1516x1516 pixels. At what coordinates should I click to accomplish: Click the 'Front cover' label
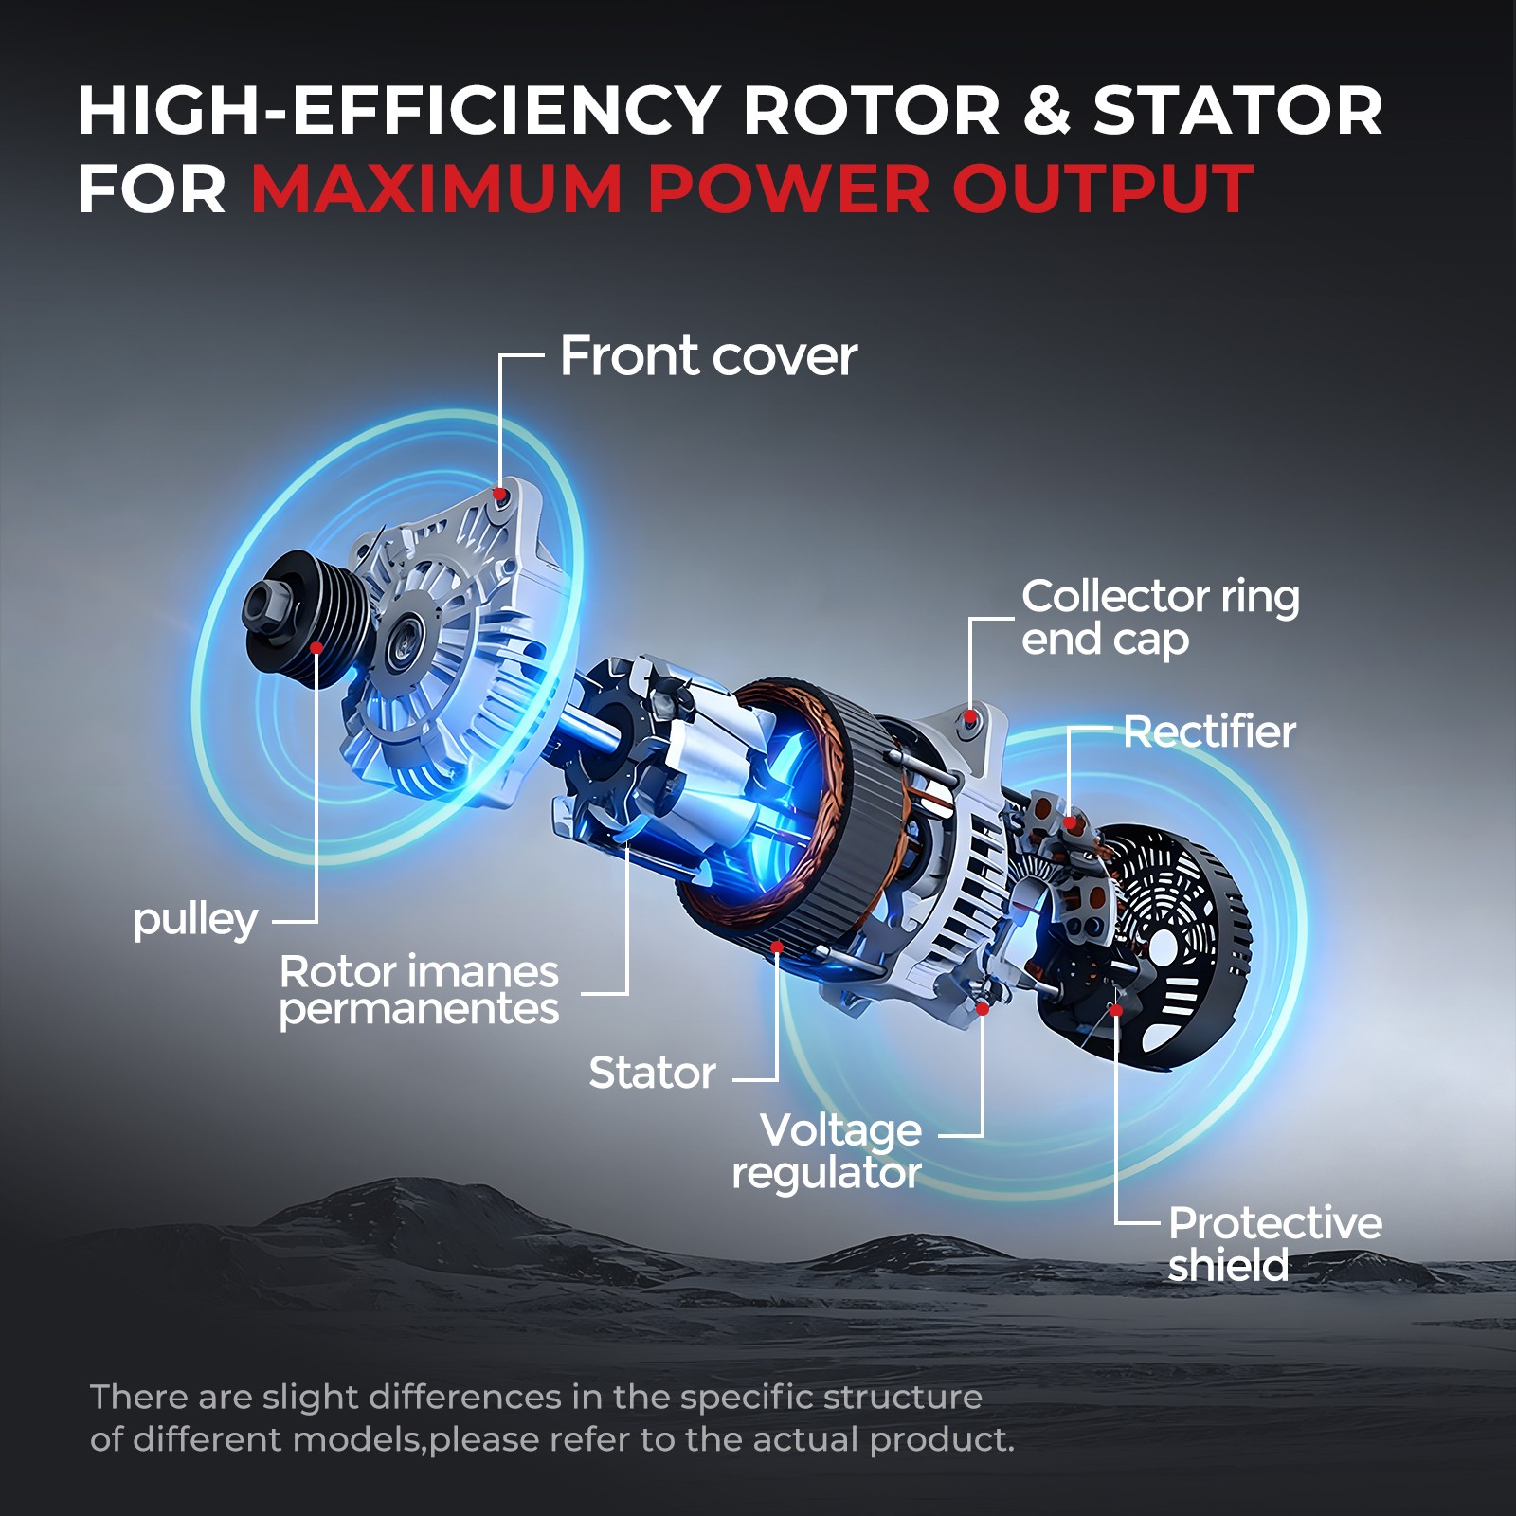708,357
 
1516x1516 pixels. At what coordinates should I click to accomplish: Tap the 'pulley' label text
195,920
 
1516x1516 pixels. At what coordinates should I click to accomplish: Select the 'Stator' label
652,1074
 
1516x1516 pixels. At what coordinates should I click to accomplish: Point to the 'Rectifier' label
1209,732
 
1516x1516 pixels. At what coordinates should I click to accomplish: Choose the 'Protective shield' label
1274,1244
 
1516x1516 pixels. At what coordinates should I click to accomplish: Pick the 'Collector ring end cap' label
1160,618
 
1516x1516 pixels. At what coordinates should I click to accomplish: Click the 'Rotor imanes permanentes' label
419,990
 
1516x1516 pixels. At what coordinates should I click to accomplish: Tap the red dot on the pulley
316,648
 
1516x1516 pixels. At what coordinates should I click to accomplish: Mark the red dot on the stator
776,947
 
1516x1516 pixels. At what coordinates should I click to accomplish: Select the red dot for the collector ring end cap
969,718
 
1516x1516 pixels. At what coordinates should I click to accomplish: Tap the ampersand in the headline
1047,110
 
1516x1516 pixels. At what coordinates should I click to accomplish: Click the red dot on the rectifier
1070,822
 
